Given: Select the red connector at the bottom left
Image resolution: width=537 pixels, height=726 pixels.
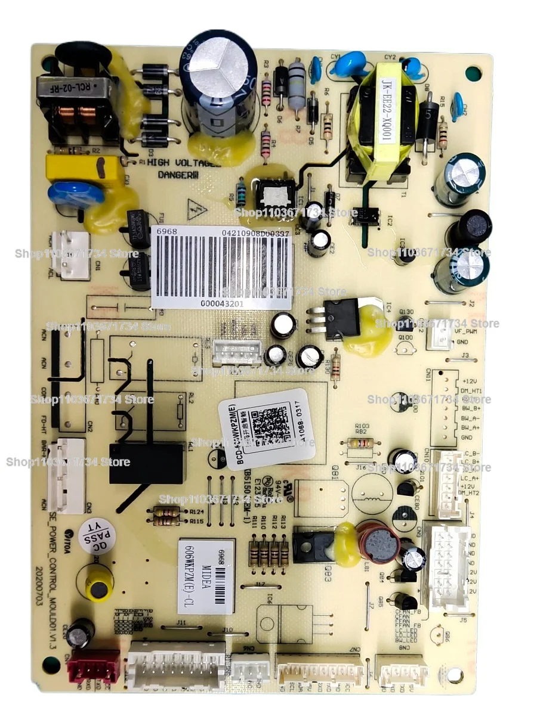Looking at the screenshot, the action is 95,665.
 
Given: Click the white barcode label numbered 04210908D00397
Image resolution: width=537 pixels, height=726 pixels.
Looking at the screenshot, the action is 221,266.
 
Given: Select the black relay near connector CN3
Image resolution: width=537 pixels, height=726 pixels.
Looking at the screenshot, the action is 146,463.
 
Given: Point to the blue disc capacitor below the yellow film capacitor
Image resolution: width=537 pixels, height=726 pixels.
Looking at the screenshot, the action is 76,194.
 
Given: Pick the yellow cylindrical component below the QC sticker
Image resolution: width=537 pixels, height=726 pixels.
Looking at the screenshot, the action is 98,584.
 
